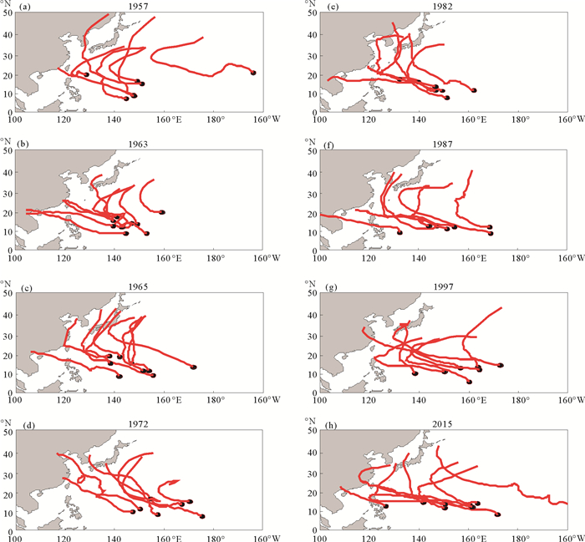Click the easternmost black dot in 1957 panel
tap(253, 73)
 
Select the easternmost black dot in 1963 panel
tap(162, 212)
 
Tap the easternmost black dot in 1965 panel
tap(193, 367)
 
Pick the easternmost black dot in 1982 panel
tap(474, 90)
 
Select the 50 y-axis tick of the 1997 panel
tap(311, 294)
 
